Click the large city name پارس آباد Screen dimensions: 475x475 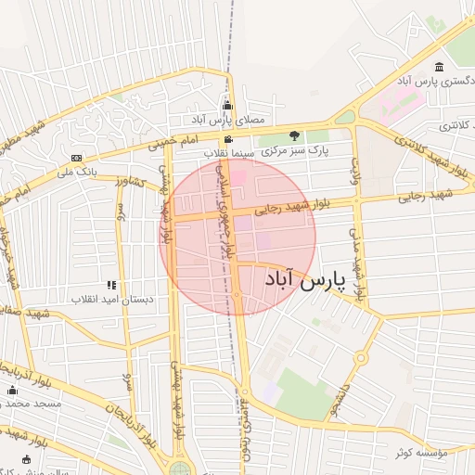pyautogui.click(x=304, y=278)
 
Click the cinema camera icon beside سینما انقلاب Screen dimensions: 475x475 pyautogui.click(x=227, y=139)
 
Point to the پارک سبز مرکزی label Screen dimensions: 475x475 pyautogui.click(x=295, y=150)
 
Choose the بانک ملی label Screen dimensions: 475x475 pyautogui.click(x=76, y=172)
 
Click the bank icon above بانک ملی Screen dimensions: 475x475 pyautogui.click(x=76, y=158)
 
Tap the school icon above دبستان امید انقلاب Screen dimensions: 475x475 pyautogui.click(x=112, y=285)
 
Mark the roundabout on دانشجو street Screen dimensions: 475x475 pyautogui.click(x=360, y=357)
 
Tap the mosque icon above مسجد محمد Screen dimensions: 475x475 pyautogui.click(x=13, y=390)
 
